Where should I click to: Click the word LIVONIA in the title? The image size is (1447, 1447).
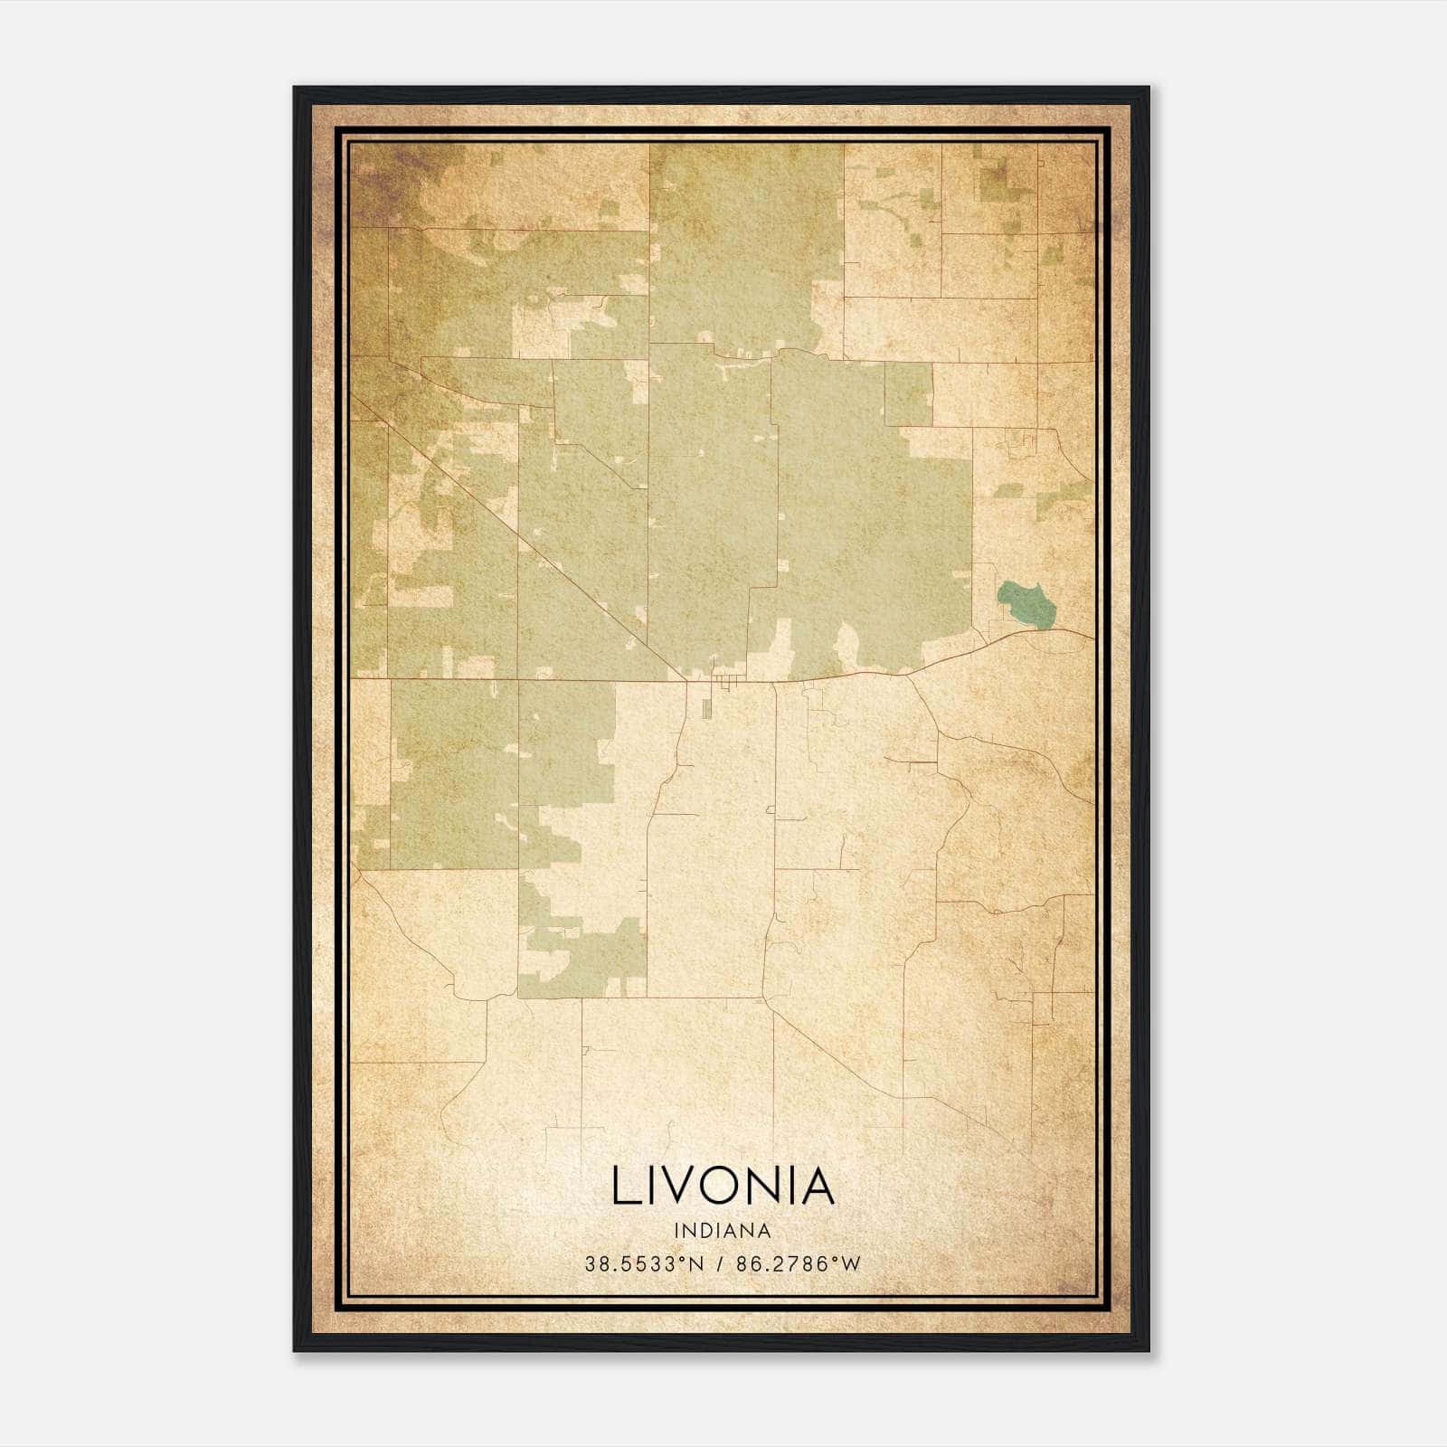coord(723,1186)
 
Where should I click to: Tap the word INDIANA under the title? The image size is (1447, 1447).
coord(723,1231)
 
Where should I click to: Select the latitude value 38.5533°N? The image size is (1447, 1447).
coord(643,1264)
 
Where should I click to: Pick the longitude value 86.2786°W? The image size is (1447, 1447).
coord(799,1264)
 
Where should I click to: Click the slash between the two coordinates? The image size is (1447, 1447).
coord(720,1264)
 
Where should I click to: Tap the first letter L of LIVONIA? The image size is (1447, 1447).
coord(624,1186)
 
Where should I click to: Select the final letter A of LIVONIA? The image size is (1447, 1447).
coord(816,1186)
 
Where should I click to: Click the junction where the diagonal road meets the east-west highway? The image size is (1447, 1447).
coord(685,678)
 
